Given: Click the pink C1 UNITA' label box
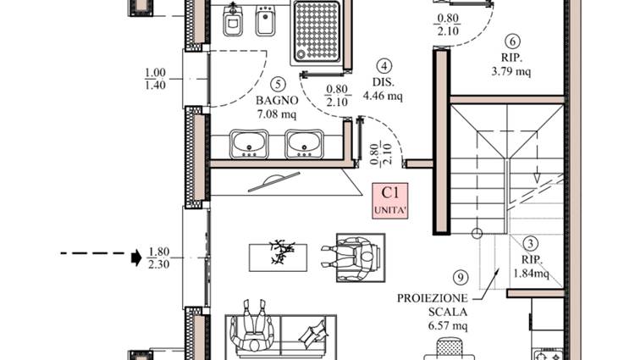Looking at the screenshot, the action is pos(390,201).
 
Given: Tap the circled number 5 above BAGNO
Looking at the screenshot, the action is pos(278,84).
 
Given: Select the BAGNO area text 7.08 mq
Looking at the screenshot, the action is pos(277,114).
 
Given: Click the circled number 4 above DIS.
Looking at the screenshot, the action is pos(384,66).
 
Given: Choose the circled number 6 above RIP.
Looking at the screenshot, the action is pos(513,42).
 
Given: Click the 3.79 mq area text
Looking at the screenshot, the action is pos(511,72).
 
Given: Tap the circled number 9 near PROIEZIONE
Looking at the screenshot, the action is pos(461,278).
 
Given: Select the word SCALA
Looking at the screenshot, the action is pos(448,312).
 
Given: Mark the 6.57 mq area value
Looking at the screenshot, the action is pos(448,325).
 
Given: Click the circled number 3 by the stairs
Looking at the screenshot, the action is pos(531,244).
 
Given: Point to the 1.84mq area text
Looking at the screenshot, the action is pos(532,274).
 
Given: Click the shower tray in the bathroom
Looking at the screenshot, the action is pos(317,32).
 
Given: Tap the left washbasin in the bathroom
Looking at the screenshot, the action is pos(249,144).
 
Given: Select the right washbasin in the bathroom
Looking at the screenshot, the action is pos(304,144).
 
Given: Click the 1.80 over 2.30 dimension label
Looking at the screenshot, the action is pos(158,258).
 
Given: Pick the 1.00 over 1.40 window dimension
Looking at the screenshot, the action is pos(156,79).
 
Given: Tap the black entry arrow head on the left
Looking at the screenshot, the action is pos(136,258).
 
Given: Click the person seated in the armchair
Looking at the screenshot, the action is pos(351,258).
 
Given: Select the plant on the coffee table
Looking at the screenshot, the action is pos(282,252).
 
